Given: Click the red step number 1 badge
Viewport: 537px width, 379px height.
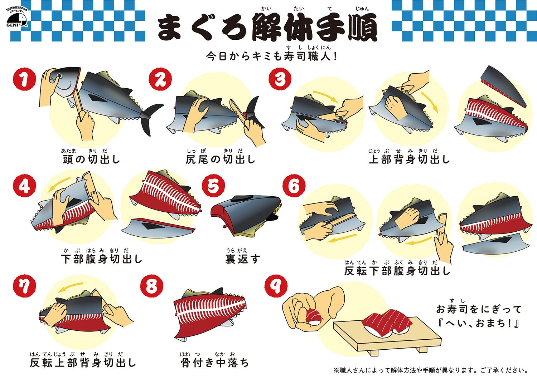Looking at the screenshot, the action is click(x=24, y=79).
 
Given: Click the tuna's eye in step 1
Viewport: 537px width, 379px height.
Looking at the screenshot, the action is click(x=59, y=76).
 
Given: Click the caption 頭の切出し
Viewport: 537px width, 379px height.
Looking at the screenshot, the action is click(x=91, y=159).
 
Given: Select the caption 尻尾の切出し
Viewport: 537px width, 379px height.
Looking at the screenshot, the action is click(x=221, y=159).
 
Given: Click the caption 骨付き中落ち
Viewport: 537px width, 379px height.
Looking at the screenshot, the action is click(x=214, y=363).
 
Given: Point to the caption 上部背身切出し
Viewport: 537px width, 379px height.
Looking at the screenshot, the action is click(x=409, y=159).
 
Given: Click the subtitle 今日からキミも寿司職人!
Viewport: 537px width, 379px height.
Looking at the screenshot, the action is click(x=272, y=56).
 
